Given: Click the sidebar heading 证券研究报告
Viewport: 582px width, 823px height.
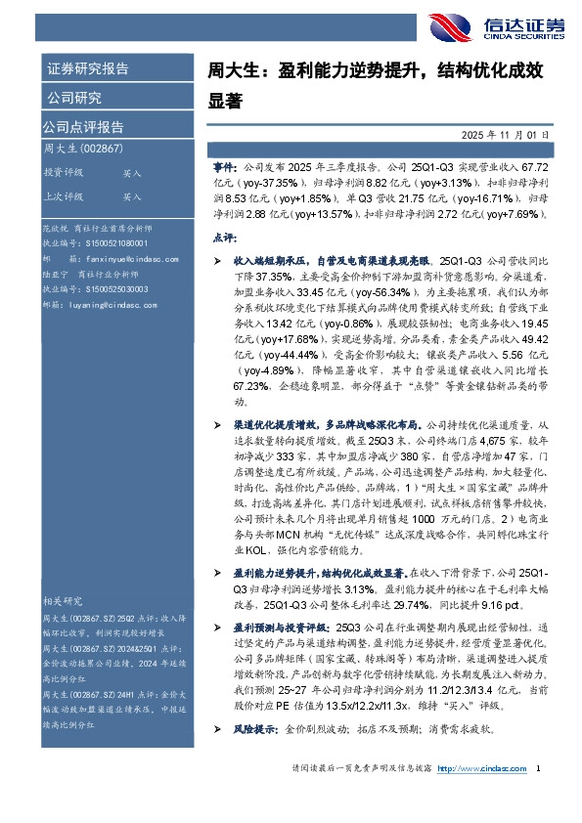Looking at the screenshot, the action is coord(87,68).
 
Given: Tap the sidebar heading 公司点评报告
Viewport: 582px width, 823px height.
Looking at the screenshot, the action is coord(83,127).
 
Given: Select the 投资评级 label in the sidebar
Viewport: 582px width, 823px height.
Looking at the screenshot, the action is coord(63,172).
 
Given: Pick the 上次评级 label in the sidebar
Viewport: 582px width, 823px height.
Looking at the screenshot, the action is coord(63,196).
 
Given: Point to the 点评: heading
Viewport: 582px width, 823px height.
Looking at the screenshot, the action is coord(223,238).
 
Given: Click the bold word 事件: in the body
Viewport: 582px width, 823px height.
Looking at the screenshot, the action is coord(225,169).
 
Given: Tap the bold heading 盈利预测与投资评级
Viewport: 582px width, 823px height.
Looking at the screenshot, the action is coord(283,624).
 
